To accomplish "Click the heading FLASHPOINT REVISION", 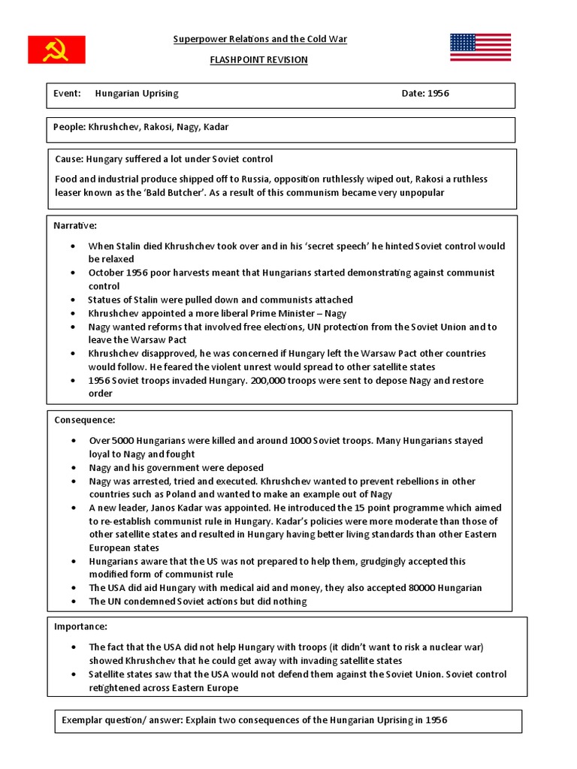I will pos(258,60).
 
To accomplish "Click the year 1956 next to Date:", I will pos(438,94).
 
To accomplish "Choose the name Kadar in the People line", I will pos(216,128).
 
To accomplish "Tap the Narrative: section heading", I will pos(75,226).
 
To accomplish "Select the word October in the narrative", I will pos(105,273).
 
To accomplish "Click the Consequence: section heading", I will pos(84,420).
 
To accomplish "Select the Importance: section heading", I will pos(81,626).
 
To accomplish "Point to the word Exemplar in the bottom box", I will pos(83,721).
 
